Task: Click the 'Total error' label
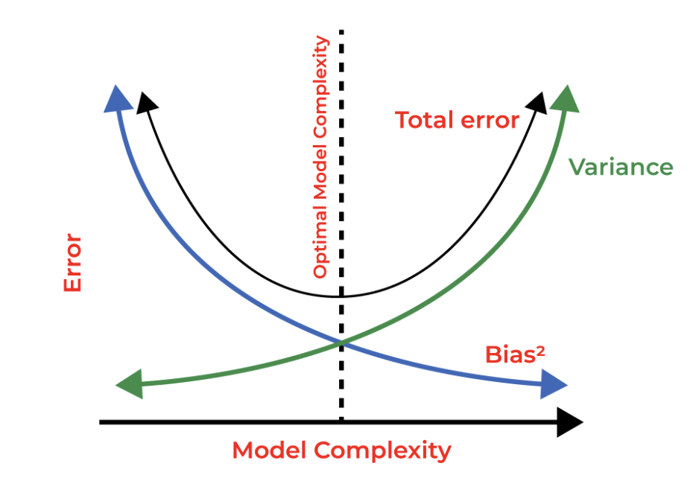(457, 121)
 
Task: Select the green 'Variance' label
(621, 167)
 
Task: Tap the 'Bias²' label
(515, 354)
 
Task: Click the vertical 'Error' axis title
(73, 263)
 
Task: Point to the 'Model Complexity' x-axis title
(342, 451)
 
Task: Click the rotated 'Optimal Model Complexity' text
(320, 157)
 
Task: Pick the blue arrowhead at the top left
(118, 99)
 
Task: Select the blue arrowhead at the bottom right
(553, 384)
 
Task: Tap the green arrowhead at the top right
(566, 99)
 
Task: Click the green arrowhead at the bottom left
(130, 384)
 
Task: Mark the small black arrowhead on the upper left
(146, 103)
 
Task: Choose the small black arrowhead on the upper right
(537, 103)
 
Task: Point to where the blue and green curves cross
(341, 342)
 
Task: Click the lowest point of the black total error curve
(341, 296)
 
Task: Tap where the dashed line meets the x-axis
(341, 422)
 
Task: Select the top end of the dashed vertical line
(341, 31)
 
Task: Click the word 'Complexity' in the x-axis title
(382, 451)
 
